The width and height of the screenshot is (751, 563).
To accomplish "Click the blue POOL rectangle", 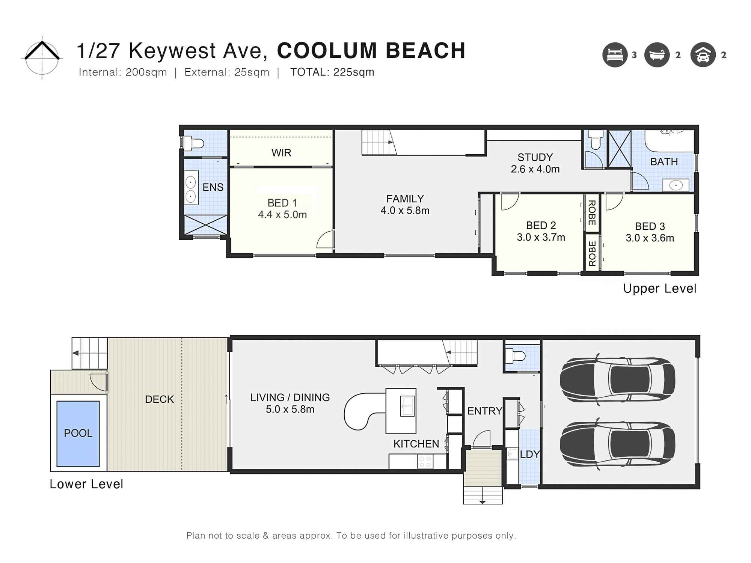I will click(78, 434).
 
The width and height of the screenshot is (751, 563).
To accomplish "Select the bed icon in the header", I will click(615, 55).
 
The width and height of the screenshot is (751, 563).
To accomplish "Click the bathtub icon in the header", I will click(657, 55).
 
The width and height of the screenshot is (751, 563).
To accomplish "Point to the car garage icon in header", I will click(703, 55).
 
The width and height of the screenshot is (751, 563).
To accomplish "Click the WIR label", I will click(281, 153).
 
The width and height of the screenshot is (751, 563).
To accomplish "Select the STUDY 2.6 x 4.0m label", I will click(535, 163).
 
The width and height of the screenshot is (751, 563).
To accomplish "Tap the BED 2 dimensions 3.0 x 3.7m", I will click(541, 237).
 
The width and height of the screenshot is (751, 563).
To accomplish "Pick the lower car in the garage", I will click(617, 443).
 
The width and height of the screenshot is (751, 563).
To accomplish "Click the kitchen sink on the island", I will click(408, 406).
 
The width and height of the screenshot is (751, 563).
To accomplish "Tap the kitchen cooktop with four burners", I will click(425, 461).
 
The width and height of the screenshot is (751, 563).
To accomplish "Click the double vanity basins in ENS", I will click(191, 190).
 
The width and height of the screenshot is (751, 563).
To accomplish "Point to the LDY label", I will click(529, 455).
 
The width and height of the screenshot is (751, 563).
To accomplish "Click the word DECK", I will click(159, 399).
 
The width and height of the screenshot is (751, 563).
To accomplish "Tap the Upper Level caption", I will click(659, 289).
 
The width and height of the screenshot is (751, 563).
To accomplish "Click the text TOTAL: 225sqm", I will click(332, 72).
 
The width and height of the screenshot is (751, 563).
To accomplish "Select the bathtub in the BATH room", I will click(669, 141).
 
